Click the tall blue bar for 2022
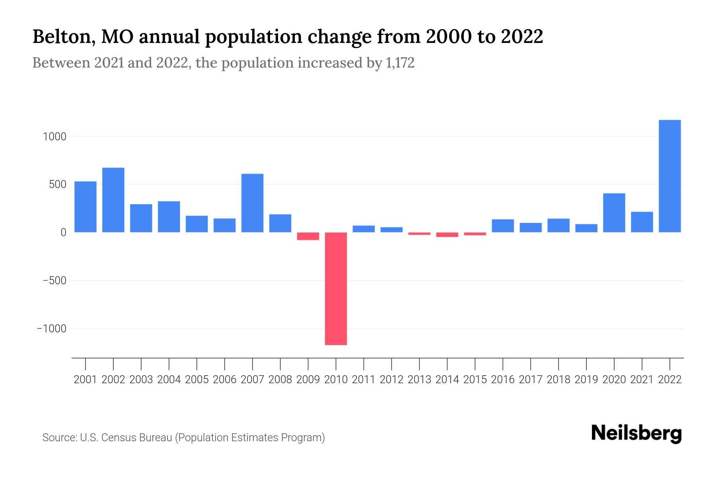pos(669,176)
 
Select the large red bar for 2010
pos(336,288)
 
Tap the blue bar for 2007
pos(252,203)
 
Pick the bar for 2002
pos(113,200)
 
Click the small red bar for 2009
pos(308,236)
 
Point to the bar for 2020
pos(614,213)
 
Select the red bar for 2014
pos(447,235)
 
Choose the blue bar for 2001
pos(86,207)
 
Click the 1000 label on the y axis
pos(54,137)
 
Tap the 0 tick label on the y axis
pos(63,233)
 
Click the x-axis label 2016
pos(503,380)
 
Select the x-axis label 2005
pos(197,380)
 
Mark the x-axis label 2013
pos(419,380)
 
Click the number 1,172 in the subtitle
pos(400,63)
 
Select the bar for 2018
pos(558,225)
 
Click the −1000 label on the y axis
pos(52,329)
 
